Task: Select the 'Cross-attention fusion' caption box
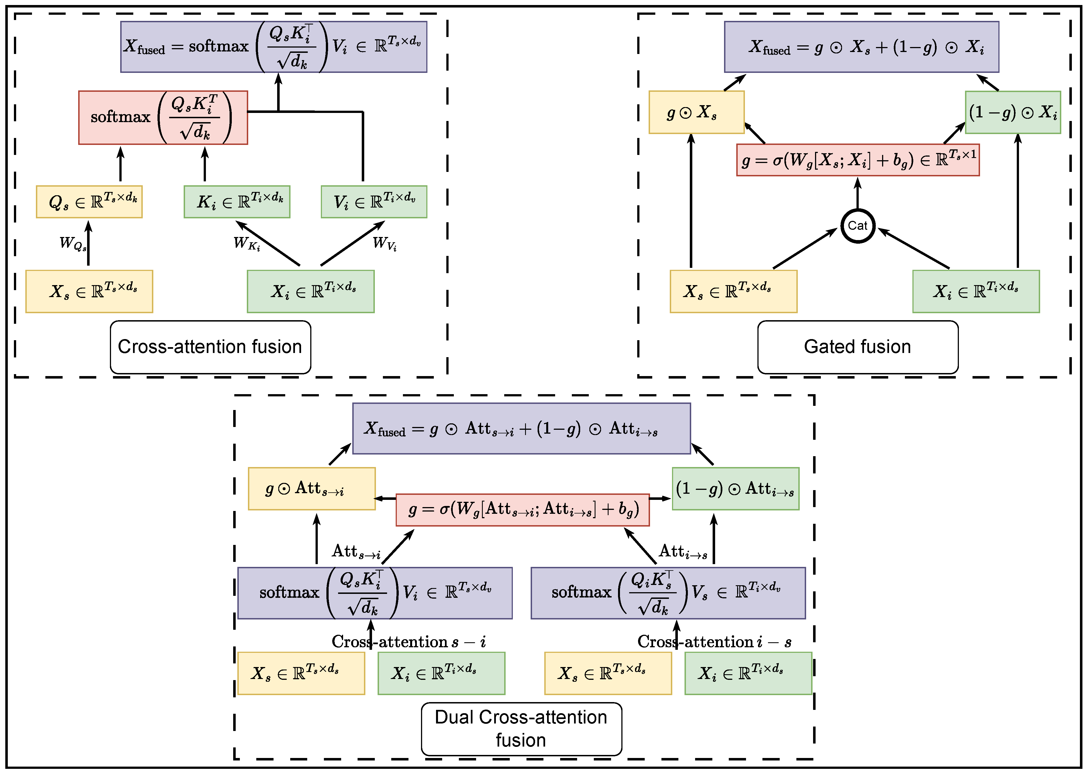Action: coord(210,347)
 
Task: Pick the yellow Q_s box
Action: coord(89,202)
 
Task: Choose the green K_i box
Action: coord(237,202)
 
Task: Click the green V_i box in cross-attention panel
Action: coord(374,202)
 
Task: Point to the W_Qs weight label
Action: coord(72,244)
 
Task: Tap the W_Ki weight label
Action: coord(247,244)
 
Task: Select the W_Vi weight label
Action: coord(384,244)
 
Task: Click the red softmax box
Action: coord(163,118)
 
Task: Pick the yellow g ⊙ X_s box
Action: coord(696,112)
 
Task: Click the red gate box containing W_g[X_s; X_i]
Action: coord(858,160)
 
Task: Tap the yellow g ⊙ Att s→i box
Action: coord(311,488)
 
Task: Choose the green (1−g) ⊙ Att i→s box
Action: coord(735,488)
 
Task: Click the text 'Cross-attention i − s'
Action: coord(714,642)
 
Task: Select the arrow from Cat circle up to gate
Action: coord(858,194)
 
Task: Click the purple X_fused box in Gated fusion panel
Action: coord(861,47)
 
